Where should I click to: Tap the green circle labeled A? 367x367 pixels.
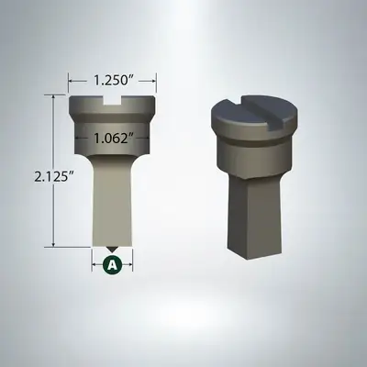click(113, 264)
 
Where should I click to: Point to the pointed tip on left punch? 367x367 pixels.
click(113, 248)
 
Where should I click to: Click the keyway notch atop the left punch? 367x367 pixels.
click(113, 105)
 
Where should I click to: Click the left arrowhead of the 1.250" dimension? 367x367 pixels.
click(72, 79)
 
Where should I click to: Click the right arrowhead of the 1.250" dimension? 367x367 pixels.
click(153, 79)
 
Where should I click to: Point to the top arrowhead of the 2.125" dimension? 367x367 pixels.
click(55, 100)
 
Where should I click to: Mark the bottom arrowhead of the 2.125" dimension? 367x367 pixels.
click(55, 243)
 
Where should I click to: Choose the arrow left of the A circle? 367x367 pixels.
click(96, 264)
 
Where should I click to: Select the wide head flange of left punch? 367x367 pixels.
click(113, 114)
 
